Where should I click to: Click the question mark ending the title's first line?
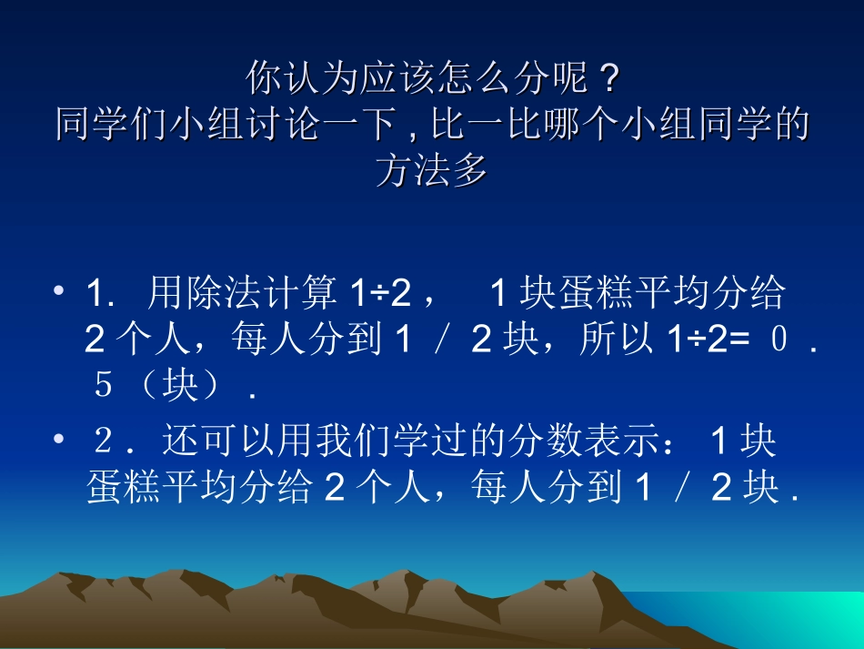click(x=607, y=79)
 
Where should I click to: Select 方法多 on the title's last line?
click(x=432, y=170)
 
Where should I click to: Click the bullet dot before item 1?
click(x=59, y=292)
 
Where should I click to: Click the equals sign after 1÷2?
click(x=734, y=340)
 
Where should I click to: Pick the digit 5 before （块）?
click(x=103, y=386)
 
